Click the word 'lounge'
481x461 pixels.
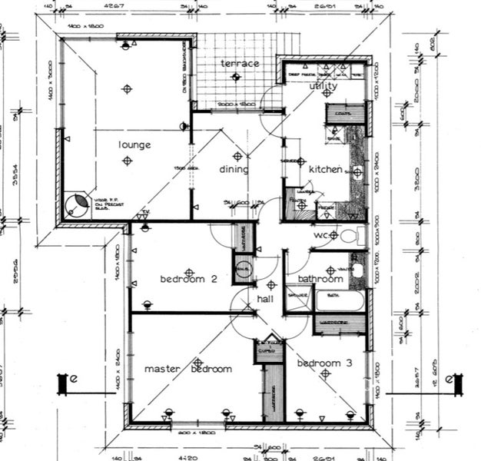click(x=134, y=144)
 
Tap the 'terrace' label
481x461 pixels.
click(x=240, y=63)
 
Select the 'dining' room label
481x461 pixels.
click(x=234, y=170)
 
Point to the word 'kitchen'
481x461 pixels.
click(x=325, y=169)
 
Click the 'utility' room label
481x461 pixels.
click(x=323, y=87)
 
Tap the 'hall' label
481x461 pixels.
click(x=266, y=298)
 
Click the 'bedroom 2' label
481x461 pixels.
click(x=182, y=279)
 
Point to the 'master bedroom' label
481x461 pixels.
click(x=188, y=369)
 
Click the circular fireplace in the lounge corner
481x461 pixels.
click(x=77, y=205)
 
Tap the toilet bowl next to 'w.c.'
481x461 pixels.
click(x=350, y=235)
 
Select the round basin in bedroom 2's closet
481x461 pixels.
click(x=244, y=270)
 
